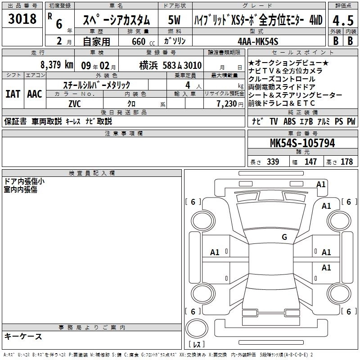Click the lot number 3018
point(22,18)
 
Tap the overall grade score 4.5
point(343,20)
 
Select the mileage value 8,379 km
point(57,65)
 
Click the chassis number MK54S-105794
point(302,143)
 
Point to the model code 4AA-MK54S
point(258,41)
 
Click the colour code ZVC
point(75,104)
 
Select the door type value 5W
point(174,20)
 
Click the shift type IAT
point(13,94)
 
